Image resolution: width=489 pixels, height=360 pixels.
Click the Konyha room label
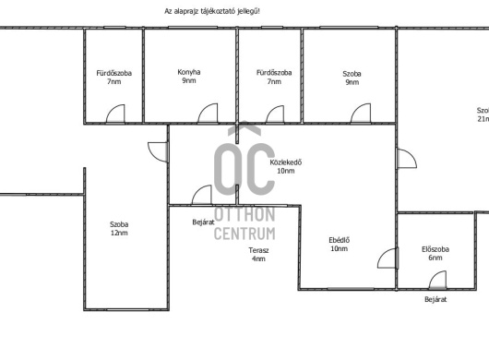coord(189,72)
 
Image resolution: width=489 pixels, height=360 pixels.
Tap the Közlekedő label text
coord(286,162)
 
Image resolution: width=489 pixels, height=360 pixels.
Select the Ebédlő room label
coord(339,240)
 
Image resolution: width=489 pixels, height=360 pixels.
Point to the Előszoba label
coord(435,249)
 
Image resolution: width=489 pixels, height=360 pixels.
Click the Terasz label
coord(258,250)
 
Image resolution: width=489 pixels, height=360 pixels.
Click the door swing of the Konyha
coord(208,113)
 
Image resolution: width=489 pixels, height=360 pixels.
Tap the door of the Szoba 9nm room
coord(361,114)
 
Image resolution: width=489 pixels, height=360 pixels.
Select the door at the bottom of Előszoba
coord(438,280)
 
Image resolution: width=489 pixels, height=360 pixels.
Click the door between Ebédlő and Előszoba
coord(388,258)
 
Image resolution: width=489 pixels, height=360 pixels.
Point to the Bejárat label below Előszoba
coord(435,299)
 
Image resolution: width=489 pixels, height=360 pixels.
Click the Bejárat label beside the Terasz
coord(203,222)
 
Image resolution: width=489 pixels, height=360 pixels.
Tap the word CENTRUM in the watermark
coord(244,234)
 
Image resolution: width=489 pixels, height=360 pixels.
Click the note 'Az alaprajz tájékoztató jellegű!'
coord(212,11)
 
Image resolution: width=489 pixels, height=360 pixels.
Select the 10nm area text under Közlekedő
coord(286,171)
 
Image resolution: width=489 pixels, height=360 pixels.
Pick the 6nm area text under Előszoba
coord(435,258)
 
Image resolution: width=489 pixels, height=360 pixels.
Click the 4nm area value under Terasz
coord(258,258)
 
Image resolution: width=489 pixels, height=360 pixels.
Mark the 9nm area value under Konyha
coord(189,80)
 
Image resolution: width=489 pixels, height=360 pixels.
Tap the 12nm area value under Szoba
coord(119,233)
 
